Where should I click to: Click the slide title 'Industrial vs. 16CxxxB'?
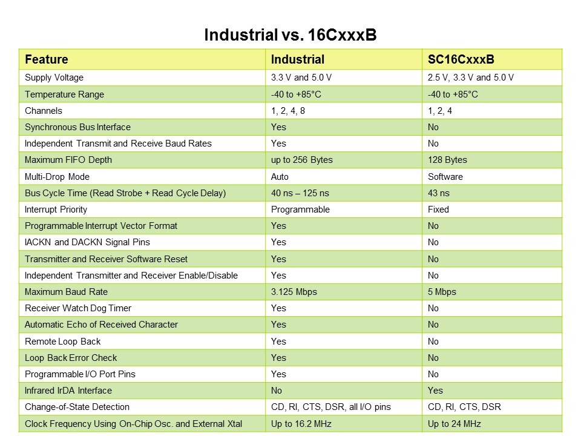(x=290, y=35)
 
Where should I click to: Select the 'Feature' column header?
(x=46, y=59)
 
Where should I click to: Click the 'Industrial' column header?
(x=298, y=59)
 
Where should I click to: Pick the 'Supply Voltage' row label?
(x=54, y=78)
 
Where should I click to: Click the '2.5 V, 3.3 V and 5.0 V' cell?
(x=470, y=78)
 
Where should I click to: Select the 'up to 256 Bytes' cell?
(x=301, y=160)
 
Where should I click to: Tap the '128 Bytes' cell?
(x=447, y=160)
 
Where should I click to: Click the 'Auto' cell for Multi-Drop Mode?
(x=280, y=177)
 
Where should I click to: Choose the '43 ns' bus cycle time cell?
(x=439, y=193)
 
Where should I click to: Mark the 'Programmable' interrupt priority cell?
(x=300, y=210)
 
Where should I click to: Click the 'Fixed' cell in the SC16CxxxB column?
(x=438, y=210)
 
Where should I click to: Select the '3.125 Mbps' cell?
(x=294, y=292)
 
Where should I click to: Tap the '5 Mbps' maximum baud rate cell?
(x=442, y=292)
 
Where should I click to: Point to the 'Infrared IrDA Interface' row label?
(x=68, y=391)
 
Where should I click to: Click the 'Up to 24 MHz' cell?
(x=454, y=424)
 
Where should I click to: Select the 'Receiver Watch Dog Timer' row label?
(x=78, y=308)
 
